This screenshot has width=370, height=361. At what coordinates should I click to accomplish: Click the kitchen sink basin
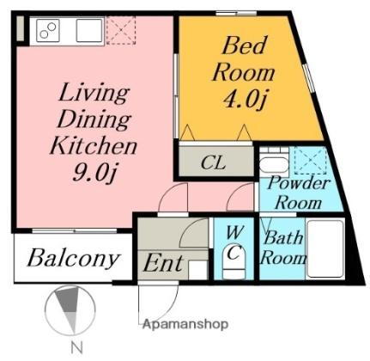89,30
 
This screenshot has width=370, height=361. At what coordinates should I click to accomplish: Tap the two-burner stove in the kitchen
48,30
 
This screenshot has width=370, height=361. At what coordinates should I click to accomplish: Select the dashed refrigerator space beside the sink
121,30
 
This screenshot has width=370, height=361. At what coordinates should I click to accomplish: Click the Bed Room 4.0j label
244,73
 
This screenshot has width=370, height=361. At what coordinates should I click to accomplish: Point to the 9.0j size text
94,173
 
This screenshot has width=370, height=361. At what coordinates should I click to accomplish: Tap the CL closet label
213,163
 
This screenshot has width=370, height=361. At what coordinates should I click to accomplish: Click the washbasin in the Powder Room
274,163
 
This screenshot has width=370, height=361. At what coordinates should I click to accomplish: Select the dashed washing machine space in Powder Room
311,161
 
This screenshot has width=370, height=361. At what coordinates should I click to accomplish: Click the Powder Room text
299,193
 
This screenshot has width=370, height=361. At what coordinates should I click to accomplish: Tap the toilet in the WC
234,261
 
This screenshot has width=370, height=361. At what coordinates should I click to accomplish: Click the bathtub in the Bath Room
325,248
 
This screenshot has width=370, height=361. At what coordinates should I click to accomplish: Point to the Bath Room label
283,248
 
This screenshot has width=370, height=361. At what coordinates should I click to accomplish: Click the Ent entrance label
163,264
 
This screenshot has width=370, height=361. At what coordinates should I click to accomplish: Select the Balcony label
73,259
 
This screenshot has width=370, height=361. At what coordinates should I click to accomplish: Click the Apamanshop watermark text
185,325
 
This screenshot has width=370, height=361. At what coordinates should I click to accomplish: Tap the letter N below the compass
76,348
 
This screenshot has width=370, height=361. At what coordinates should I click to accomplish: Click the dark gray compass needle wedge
68,300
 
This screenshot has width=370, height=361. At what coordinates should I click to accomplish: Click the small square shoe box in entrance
197,270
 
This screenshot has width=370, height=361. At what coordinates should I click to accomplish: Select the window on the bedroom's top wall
236,13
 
